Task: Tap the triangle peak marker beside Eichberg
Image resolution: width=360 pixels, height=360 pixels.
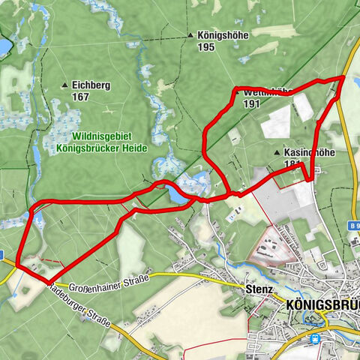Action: pos(65,85)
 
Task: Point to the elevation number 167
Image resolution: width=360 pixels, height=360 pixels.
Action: pos(81,97)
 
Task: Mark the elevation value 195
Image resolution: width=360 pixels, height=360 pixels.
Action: pos(206,46)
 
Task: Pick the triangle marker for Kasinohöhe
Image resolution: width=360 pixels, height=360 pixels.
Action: pos(277,152)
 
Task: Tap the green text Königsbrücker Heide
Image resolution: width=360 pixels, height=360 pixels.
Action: pos(102,148)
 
